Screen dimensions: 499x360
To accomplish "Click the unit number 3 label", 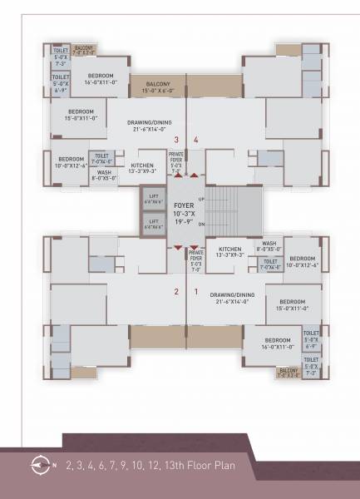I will [x=175, y=140].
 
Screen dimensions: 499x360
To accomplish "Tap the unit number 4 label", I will [x=196, y=140].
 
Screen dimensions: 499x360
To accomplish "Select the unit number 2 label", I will [x=175, y=292].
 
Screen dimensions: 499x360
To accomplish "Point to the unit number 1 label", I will [x=196, y=292].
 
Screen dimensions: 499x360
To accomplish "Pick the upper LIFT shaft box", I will [x=153, y=201].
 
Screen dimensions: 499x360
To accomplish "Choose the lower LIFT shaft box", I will [x=153, y=223].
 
